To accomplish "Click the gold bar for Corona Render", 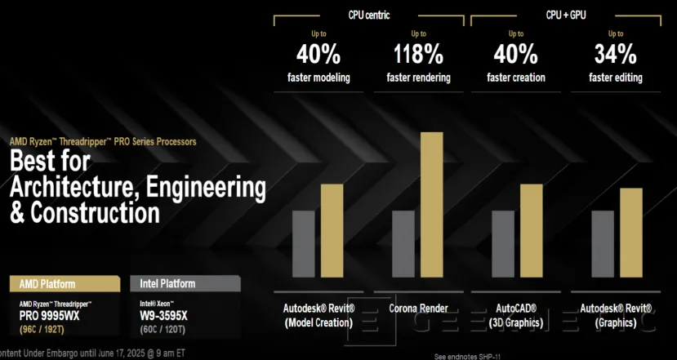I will point(430,204).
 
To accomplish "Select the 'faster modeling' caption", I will point(318,78).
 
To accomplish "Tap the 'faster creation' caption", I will point(516,78).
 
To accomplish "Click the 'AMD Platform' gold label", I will point(47,284).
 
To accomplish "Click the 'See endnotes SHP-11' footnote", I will point(468,356).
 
